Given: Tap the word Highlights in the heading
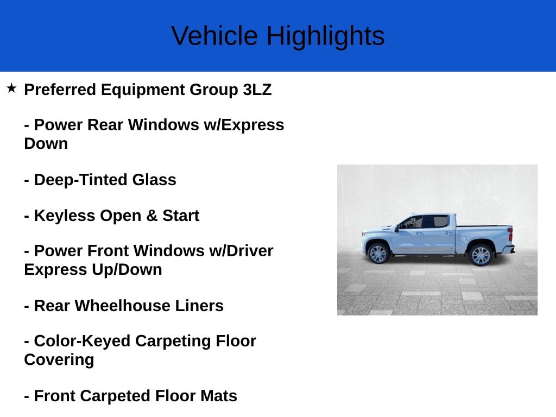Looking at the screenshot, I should tap(325, 36).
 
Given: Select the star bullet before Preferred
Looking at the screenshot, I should tap(11, 88).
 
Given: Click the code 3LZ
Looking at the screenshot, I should tap(257, 90).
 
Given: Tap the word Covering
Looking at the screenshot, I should tap(59, 359).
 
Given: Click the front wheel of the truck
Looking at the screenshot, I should tap(378, 254).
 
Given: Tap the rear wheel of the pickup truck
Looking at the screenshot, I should tap(480, 255).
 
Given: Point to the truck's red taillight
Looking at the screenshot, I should tap(509, 235).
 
